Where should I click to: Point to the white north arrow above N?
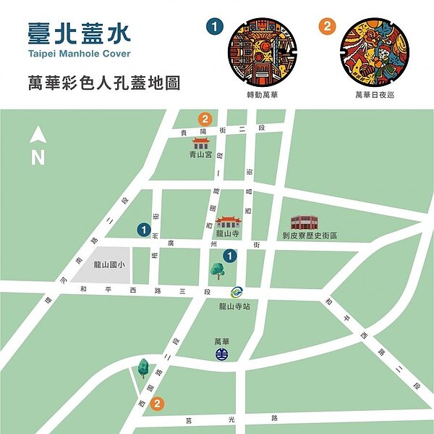click(38, 134)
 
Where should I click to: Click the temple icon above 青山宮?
click(200, 143)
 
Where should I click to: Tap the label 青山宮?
click(200, 155)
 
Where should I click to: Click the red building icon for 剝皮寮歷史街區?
click(305, 222)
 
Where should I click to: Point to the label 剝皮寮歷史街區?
click(310, 235)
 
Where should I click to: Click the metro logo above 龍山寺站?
click(236, 293)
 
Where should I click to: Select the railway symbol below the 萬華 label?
click(222, 354)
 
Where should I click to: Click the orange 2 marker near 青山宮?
click(205, 119)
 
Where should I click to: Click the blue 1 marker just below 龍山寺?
click(229, 255)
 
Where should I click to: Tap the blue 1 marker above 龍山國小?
click(145, 230)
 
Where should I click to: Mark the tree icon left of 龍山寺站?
click(217, 270)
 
